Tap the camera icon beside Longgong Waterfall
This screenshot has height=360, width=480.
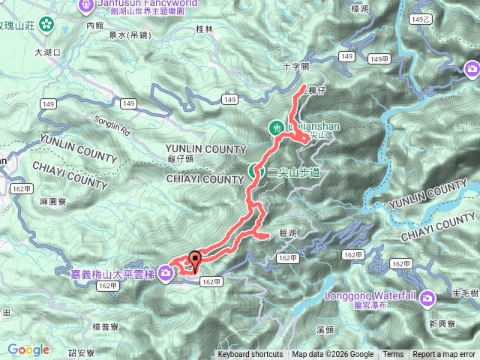coord(427,298)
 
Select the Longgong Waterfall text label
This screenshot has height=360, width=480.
coord(370,295)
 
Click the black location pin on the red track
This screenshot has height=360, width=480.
coord(196,260)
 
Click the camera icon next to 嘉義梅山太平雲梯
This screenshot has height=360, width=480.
coord(165,275)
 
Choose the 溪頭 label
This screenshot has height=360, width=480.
coord(325,329)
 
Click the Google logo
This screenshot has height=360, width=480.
coord(28,349)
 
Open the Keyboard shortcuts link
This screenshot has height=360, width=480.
coord(250,355)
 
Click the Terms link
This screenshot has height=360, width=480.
coord(393,355)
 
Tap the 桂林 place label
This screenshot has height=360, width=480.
coord(204,28)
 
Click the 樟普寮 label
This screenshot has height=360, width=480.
coord(106,327)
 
